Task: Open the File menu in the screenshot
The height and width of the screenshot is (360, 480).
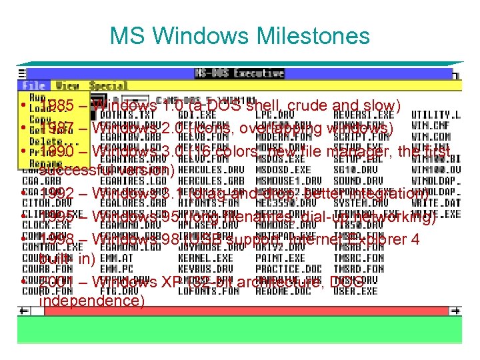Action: click(x=33, y=85)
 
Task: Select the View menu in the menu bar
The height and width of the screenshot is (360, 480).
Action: click(x=67, y=85)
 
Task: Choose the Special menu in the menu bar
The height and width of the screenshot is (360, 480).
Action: click(x=108, y=85)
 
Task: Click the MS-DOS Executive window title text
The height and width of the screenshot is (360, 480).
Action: click(x=239, y=73)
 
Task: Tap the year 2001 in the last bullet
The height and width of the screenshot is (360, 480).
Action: click(x=56, y=282)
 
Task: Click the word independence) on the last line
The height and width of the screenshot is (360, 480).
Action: click(x=93, y=301)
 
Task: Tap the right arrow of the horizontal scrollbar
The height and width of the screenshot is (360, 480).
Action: click(x=456, y=311)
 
